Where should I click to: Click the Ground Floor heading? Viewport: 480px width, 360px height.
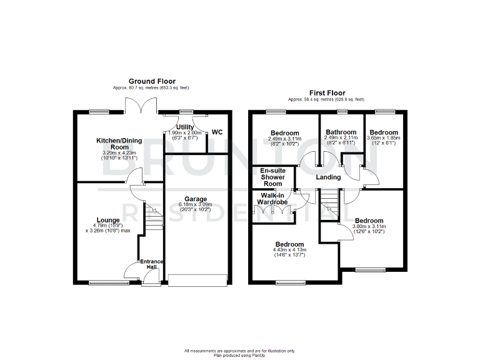(x=152, y=81)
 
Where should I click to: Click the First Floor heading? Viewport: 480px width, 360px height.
(x=326, y=93)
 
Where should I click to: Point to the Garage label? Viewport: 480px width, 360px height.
(x=195, y=199)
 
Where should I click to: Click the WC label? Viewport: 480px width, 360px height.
(x=217, y=132)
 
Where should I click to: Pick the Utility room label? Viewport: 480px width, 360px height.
(x=185, y=127)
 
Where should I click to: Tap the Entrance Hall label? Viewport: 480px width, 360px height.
(x=151, y=264)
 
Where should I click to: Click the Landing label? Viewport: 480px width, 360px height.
(x=328, y=177)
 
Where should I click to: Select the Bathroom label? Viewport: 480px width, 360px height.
(x=341, y=132)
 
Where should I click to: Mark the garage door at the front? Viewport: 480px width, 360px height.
(x=197, y=281)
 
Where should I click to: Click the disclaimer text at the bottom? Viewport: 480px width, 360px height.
(x=240, y=352)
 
